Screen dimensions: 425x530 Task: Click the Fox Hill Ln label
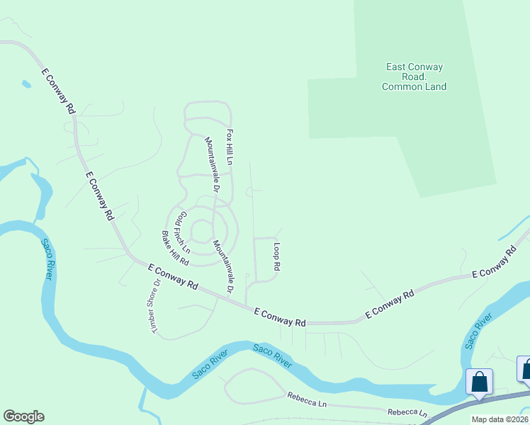[230, 147]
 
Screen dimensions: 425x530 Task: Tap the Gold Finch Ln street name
[182, 232]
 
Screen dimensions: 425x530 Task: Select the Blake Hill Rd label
[174, 248]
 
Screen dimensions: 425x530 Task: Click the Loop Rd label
[277, 257]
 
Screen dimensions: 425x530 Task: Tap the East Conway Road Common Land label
[415, 77]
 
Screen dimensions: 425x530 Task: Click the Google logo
[23, 416]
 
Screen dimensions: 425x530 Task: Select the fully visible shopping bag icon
[479, 381]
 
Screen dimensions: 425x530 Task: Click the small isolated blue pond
[26, 84]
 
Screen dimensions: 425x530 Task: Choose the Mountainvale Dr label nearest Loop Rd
[223, 266]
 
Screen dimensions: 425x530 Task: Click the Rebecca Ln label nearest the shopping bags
[407, 412]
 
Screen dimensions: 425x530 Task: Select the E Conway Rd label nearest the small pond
[58, 91]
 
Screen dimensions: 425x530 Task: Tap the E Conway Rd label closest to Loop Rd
[279, 317]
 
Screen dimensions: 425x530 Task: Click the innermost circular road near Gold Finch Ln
[202, 231]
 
